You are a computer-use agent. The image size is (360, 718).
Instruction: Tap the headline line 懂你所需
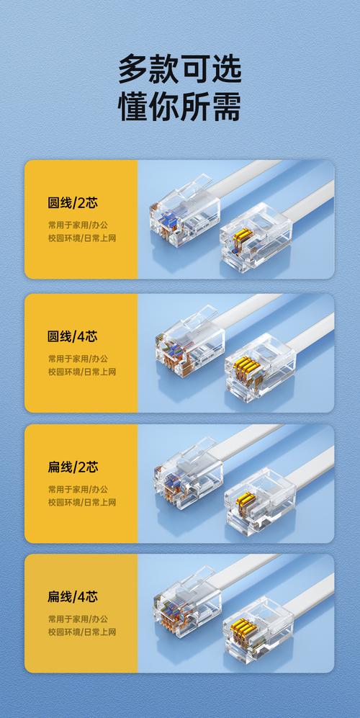point(179,107)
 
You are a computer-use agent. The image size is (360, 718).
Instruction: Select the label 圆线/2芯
point(73,203)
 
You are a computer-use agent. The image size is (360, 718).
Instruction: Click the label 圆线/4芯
point(73,336)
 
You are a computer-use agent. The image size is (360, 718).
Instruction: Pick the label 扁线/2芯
point(73,467)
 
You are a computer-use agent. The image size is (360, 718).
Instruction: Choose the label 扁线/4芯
point(73,597)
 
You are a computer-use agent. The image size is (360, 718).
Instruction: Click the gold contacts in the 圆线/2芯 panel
point(243,235)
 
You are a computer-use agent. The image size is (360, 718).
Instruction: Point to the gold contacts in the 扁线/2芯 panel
point(246,499)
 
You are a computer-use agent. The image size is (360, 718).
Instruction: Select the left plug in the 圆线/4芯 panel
point(190,339)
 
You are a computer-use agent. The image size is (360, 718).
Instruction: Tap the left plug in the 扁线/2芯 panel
point(188,474)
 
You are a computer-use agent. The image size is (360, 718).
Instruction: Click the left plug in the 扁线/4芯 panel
point(187,603)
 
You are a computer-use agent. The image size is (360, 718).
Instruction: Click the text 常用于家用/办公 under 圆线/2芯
point(78,225)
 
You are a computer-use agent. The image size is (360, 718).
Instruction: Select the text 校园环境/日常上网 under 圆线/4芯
point(82,372)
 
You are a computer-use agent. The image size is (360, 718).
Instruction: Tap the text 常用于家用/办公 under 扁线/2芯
point(78,490)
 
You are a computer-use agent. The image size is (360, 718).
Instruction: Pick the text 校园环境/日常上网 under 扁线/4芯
point(82,632)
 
